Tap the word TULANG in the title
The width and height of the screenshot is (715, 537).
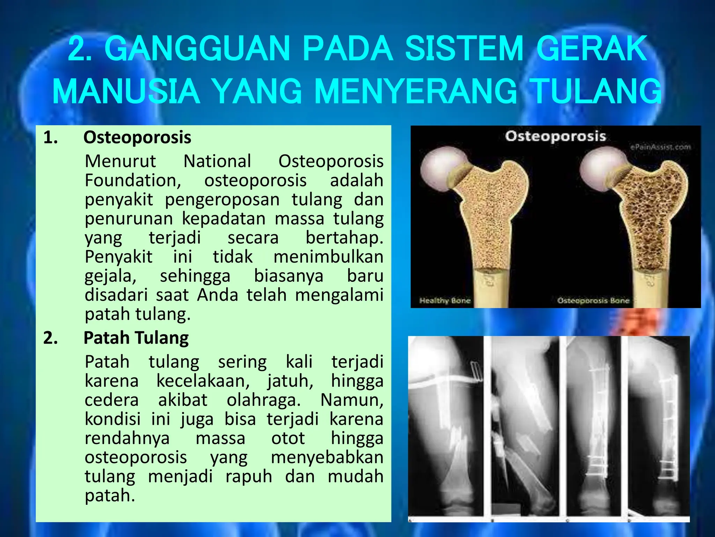click(x=597, y=91)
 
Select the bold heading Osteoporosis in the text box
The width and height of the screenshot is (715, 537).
click(x=137, y=137)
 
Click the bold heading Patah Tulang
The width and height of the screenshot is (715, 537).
click(x=136, y=338)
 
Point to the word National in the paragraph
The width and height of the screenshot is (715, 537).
click(x=217, y=161)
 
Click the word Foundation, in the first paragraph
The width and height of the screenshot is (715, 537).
click(x=133, y=180)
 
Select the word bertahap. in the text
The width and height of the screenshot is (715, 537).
click(x=344, y=238)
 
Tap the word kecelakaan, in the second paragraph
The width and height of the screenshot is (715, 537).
click(x=203, y=381)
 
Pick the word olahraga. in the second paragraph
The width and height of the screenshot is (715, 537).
click(x=264, y=400)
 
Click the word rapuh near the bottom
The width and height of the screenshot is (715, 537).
click(x=249, y=476)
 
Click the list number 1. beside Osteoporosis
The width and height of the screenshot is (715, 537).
click(x=51, y=137)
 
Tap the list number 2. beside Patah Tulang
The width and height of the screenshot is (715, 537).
click(x=51, y=338)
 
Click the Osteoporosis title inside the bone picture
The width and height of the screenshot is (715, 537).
click(x=555, y=136)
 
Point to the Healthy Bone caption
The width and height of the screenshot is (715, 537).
click(x=445, y=300)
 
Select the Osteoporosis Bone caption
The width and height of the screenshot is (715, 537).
click(x=593, y=300)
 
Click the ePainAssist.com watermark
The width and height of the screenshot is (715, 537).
click(x=660, y=147)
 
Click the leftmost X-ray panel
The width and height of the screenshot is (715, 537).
click(x=446, y=428)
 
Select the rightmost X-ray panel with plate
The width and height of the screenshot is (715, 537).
click(x=658, y=428)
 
